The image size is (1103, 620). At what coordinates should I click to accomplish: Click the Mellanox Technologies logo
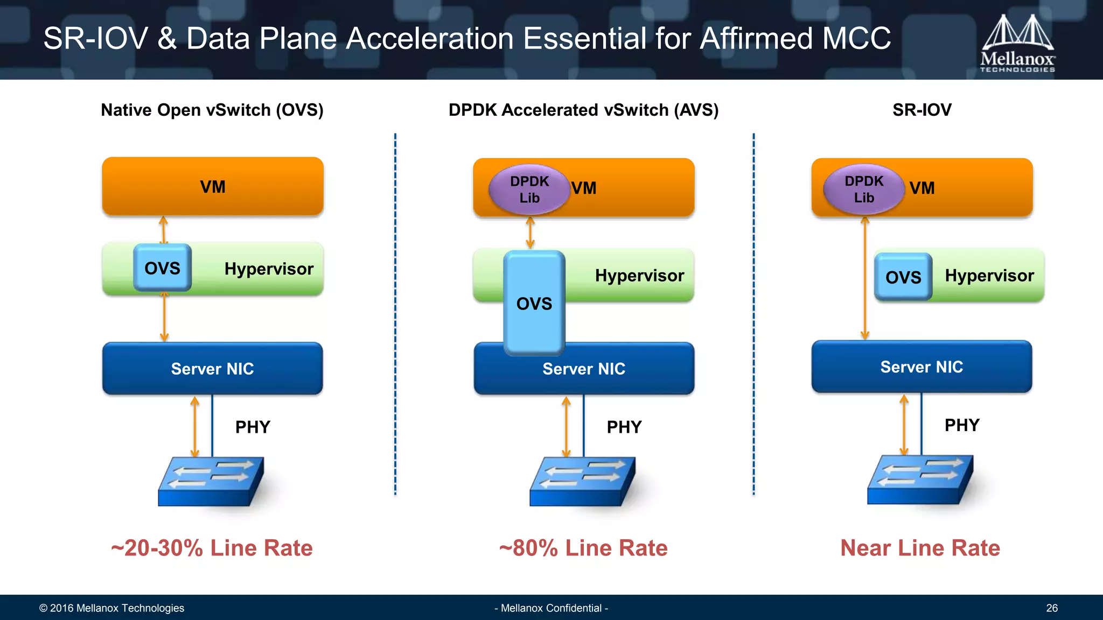pyautogui.click(x=1017, y=43)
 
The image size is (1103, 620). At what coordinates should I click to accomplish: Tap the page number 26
pyautogui.click(x=1051, y=608)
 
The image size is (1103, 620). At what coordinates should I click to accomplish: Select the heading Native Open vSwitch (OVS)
pyautogui.click(x=212, y=110)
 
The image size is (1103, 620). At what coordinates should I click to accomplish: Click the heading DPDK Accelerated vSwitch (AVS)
pyautogui.click(x=583, y=110)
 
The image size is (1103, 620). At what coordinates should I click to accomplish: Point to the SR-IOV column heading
pyautogui.click(x=922, y=110)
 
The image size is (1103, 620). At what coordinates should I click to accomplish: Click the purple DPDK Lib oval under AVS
pyautogui.click(x=529, y=189)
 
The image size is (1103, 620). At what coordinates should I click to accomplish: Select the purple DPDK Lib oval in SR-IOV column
pyautogui.click(x=863, y=189)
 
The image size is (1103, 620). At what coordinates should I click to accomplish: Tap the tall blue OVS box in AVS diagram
pyautogui.click(x=534, y=303)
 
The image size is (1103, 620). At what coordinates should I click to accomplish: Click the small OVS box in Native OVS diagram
pyautogui.click(x=162, y=267)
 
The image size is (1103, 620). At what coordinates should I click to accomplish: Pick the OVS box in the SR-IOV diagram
pyautogui.click(x=903, y=277)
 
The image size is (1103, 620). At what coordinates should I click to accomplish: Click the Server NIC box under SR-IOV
pyautogui.click(x=921, y=367)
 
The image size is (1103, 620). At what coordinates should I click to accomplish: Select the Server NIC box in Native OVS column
pyautogui.click(x=212, y=369)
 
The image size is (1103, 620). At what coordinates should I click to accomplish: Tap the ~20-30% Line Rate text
pyautogui.click(x=212, y=548)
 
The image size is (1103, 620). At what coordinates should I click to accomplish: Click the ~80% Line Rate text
pyautogui.click(x=583, y=548)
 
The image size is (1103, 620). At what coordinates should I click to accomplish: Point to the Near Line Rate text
pyautogui.click(x=920, y=548)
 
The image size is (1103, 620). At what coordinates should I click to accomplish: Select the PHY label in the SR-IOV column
pyautogui.click(x=961, y=425)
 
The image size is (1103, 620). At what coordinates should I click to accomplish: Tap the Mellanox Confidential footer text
pyautogui.click(x=551, y=608)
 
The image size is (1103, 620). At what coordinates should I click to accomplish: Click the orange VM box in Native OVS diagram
pyautogui.click(x=212, y=186)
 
